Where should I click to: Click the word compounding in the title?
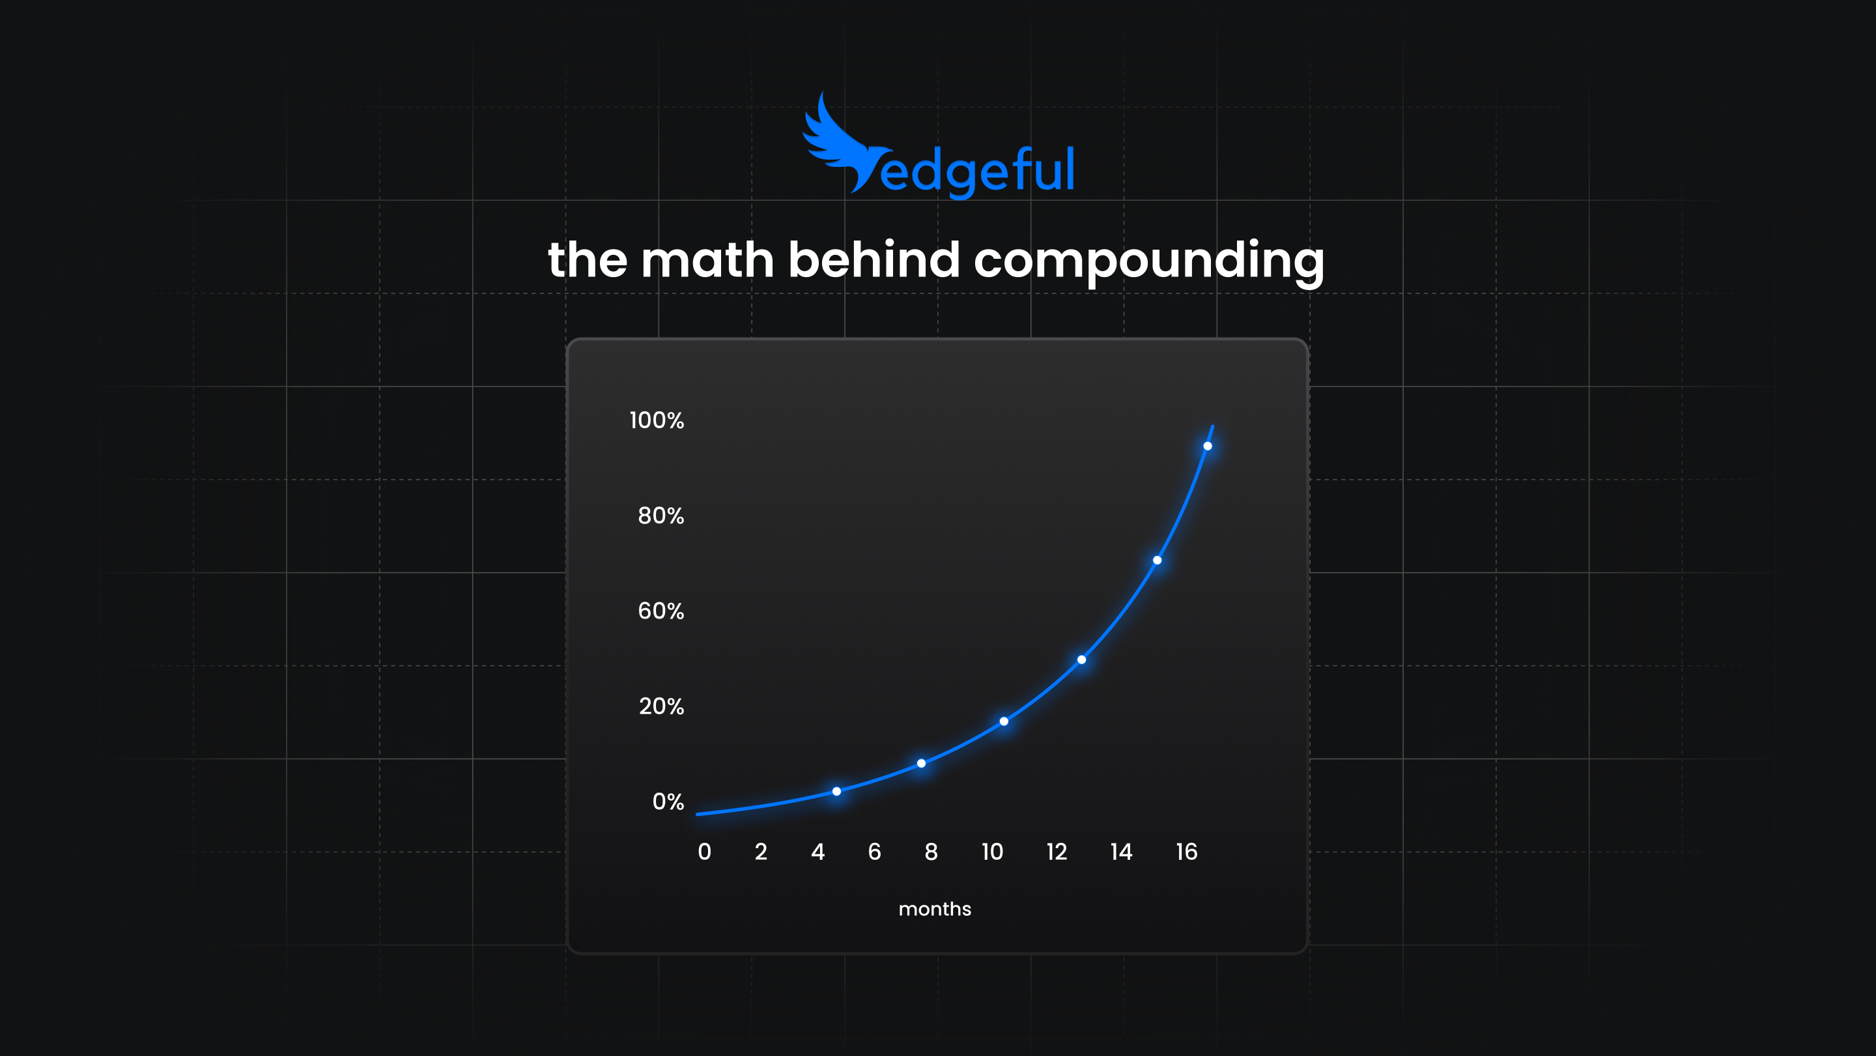click(x=1148, y=261)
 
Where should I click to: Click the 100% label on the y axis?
click(x=656, y=420)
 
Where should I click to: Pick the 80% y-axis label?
click(x=661, y=516)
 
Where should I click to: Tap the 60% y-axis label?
click(x=661, y=611)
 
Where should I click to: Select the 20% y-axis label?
click(x=661, y=706)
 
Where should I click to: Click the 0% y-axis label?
click(x=668, y=802)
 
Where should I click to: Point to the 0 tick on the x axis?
click(x=704, y=851)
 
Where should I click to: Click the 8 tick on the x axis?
click(x=931, y=851)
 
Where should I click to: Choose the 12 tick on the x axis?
click(x=1057, y=851)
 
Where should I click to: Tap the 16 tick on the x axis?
click(x=1186, y=851)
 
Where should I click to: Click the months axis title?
click(x=934, y=909)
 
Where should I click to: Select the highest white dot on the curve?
click(x=1208, y=446)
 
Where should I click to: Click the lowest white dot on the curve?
click(x=837, y=791)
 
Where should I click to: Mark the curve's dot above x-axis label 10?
click(x=1004, y=722)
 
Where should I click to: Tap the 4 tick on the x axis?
click(x=818, y=851)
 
